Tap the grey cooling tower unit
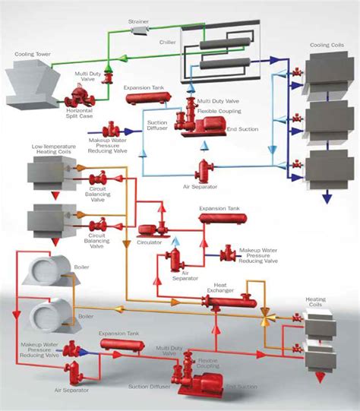click(35, 84)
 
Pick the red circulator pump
click(148, 228)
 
